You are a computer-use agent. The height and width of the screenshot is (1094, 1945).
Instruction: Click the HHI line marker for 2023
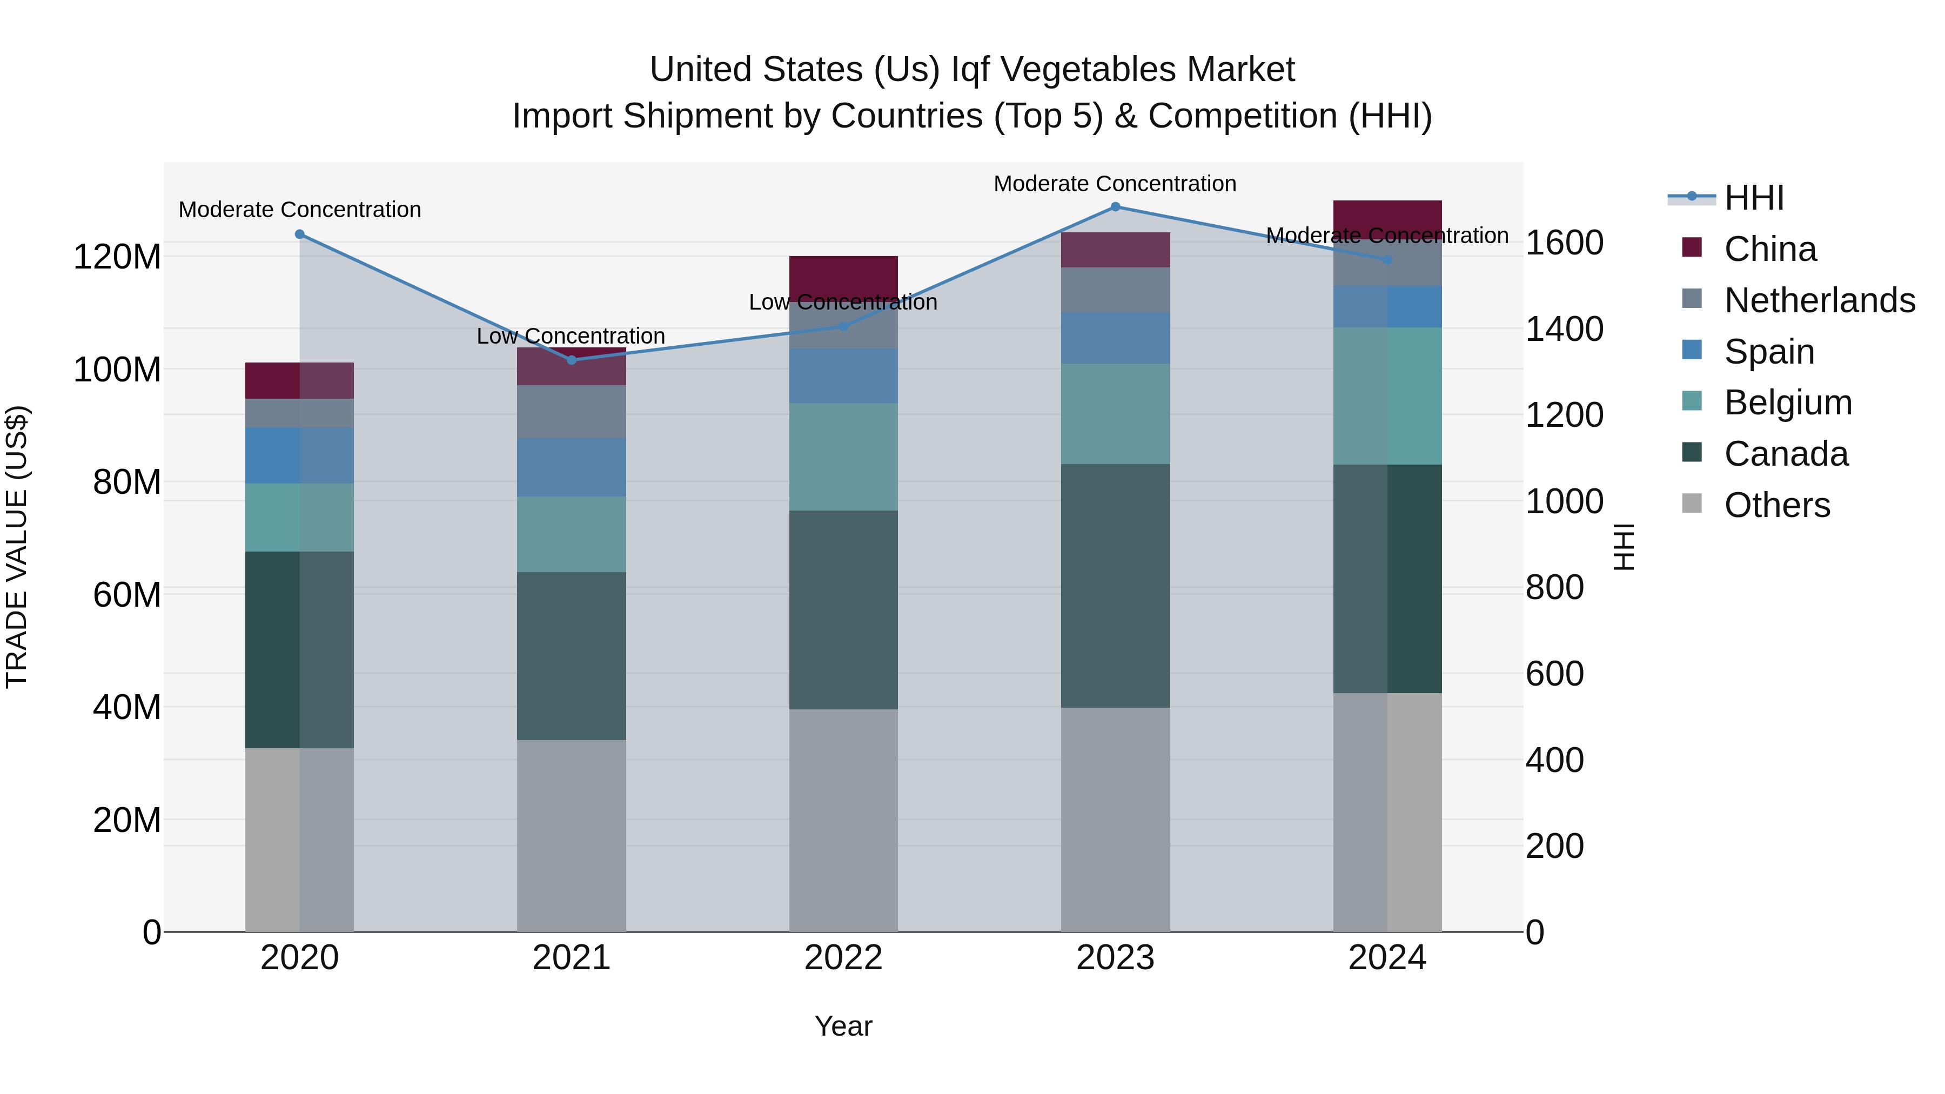pos(1115,207)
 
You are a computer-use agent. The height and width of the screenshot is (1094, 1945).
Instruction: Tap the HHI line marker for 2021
pos(572,360)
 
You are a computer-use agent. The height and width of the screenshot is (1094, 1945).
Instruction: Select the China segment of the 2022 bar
pos(843,276)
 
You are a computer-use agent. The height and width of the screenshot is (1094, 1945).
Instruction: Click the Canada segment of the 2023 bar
pos(1115,585)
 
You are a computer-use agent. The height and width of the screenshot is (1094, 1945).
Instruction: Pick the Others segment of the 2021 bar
pos(572,835)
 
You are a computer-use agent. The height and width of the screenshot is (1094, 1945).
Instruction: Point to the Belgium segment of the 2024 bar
pos(1387,395)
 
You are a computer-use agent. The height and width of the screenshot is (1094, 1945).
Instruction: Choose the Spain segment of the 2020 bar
pos(300,455)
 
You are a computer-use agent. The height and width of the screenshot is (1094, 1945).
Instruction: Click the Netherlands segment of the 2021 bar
pos(572,412)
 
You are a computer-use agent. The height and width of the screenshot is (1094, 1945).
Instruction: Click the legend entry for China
pos(1770,249)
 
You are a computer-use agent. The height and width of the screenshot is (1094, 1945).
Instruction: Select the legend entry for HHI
pos(1754,198)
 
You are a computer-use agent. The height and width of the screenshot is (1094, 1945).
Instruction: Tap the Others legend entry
pos(1776,505)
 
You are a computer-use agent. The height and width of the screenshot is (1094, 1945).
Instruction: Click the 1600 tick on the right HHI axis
pos(1565,243)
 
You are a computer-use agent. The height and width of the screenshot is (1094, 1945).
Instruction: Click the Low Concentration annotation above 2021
pos(571,336)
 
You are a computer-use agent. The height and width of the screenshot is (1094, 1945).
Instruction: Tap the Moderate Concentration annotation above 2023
pos(1115,184)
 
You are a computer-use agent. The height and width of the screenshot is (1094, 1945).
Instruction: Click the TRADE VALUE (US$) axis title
pos(17,547)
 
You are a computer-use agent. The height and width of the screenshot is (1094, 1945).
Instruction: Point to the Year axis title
pos(843,1026)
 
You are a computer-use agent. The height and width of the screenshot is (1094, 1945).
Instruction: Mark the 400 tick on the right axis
pos(1554,760)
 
